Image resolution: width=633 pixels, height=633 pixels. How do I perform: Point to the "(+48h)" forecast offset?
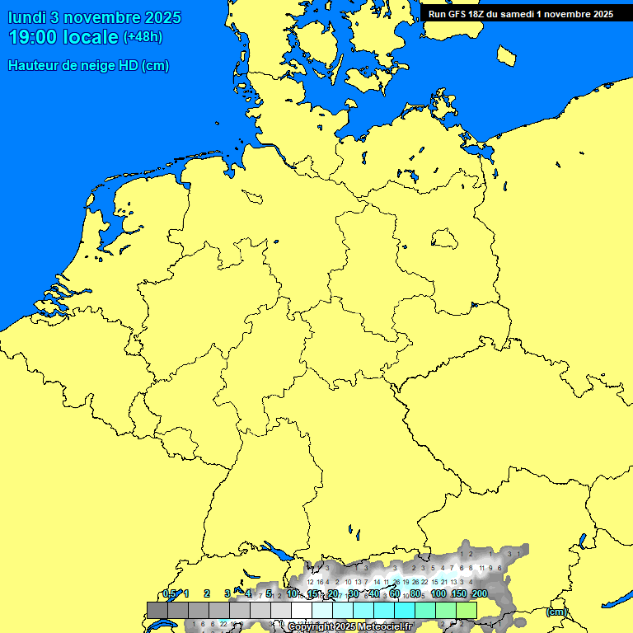[143, 37]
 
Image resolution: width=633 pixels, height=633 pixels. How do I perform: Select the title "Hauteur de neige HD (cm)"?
[89, 66]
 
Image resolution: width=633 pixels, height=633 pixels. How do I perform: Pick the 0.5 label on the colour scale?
[169, 593]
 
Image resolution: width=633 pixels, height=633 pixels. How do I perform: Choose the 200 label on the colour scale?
[479, 593]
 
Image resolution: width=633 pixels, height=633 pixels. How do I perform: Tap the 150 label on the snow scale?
[459, 593]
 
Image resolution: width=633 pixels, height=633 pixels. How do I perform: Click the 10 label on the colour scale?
[293, 593]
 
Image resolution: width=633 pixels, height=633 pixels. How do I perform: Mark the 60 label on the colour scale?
[396, 593]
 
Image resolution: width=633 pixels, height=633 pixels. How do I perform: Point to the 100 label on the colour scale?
[438, 593]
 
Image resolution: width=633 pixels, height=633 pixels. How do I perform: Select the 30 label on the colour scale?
[354, 593]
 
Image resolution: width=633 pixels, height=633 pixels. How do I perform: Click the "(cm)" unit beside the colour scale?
[556, 612]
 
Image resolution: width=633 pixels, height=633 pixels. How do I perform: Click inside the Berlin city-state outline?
[444, 239]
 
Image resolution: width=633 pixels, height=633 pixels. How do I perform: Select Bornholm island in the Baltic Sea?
[507, 54]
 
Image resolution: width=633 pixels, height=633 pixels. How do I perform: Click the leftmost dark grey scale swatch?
[157, 610]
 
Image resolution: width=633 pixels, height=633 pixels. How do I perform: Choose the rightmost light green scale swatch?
[467, 610]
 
